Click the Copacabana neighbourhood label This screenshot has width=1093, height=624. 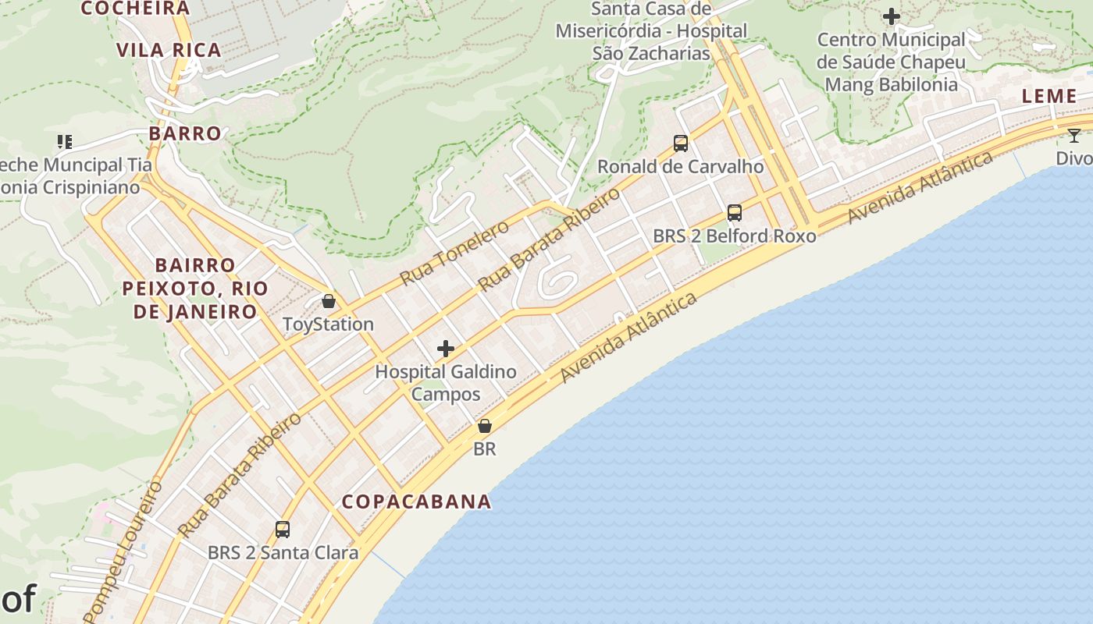point(417,502)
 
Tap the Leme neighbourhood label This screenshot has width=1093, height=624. point(1049,96)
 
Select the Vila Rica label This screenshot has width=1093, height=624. point(169,51)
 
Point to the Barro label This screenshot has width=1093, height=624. point(185,133)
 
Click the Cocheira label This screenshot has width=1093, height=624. point(135,9)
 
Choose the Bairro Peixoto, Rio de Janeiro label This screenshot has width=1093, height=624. point(195,289)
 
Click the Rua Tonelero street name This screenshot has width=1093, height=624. point(454,252)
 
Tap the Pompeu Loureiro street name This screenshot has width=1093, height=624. point(123,550)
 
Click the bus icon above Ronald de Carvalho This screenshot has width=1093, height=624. point(681,144)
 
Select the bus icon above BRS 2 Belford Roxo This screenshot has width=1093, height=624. point(735,212)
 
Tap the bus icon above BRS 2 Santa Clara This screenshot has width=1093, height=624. point(283,530)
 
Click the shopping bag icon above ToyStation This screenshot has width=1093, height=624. point(329,301)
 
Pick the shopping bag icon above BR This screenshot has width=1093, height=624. point(485,426)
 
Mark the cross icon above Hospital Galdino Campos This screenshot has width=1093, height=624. point(446,349)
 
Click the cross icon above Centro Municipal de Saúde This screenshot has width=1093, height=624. point(891,16)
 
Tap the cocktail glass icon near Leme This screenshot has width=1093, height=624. point(1074,136)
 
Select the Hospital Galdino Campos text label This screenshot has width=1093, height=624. point(446,382)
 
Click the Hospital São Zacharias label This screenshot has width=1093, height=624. point(651,31)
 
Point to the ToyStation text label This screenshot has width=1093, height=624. point(328,324)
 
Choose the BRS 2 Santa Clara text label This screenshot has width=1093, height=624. point(283,553)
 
